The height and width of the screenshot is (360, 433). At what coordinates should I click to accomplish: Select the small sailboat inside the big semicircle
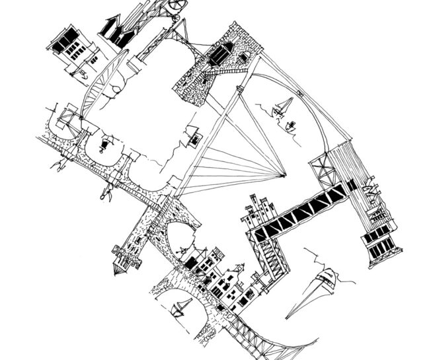pyautogui.click(x=284, y=106)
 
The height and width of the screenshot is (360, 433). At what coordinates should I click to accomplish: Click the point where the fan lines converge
pyautogui.click(x=284, y=176)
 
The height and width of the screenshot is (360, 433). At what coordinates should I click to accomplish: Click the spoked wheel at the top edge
pyautogui.click(x=175, y=5)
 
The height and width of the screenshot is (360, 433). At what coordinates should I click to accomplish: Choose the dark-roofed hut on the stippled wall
pyautogui.click(x=223, y=53)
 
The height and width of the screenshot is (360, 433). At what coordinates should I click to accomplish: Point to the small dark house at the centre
pyautogui.click(x=194, y=137)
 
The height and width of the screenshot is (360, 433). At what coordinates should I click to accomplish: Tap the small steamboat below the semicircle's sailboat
pyautogui.click(x=290, y=126)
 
